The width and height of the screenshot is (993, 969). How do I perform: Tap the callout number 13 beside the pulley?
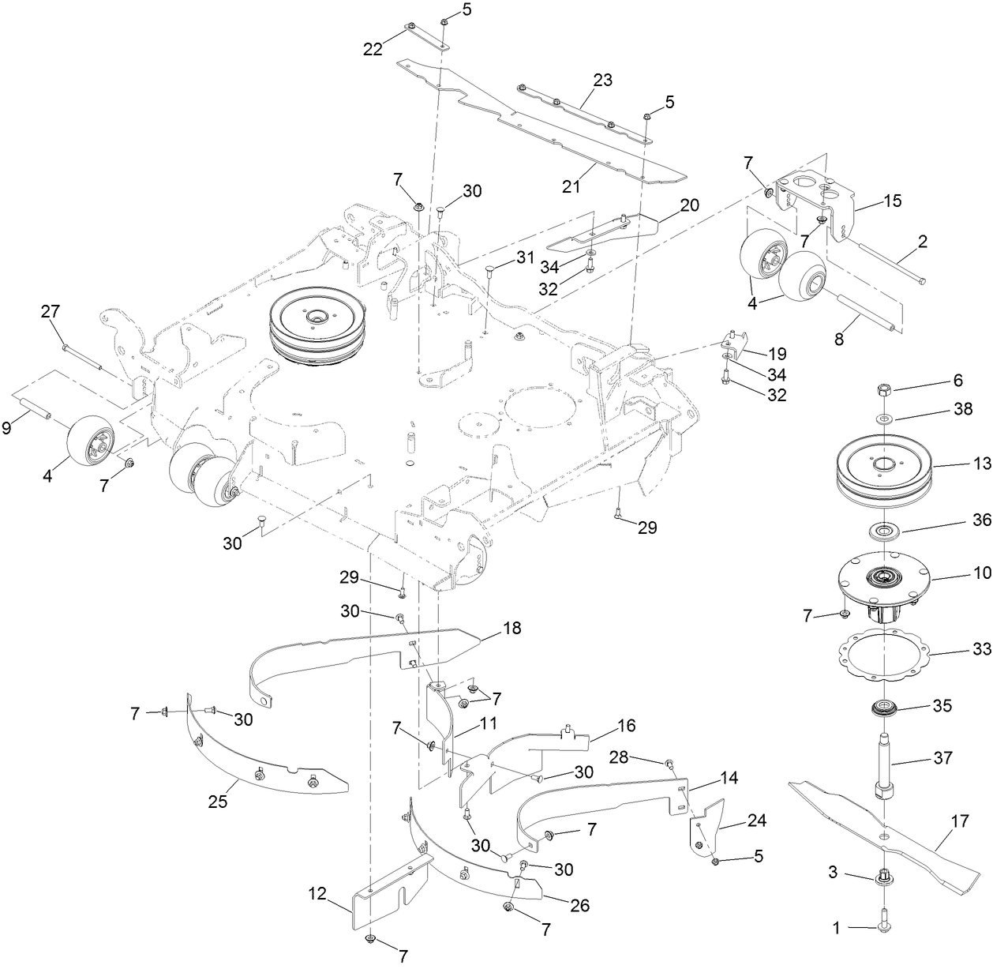pyautogui.click(x=982, y=464)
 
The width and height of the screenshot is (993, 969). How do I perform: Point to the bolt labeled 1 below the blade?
pyautogui.click(x=883, y=929)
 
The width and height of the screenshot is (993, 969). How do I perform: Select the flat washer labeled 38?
pyautogui.click(x=884, y=415)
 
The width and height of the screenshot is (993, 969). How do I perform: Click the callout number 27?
pyautogui.click(x=50, y=312)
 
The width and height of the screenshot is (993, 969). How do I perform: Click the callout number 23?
pyautogui.click(x=602, y=80)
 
